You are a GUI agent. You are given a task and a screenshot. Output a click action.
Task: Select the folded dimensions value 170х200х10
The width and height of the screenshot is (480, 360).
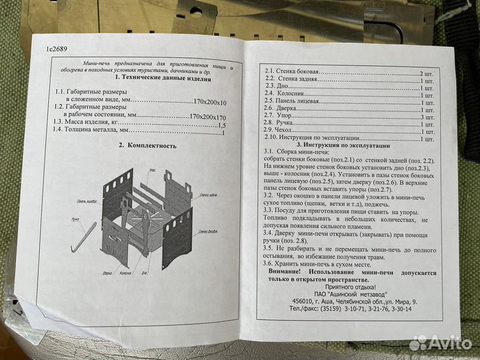point(204,103)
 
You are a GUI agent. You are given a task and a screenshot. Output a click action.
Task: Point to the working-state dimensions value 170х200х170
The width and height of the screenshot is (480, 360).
point(208,115)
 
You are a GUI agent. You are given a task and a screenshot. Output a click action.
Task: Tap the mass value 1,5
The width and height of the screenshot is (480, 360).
point(222,125)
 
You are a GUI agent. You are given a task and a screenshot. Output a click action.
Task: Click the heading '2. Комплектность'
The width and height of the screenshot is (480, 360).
point(147,145)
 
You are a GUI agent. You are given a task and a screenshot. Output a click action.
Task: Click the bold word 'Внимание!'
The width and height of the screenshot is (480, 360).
point(287,273)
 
